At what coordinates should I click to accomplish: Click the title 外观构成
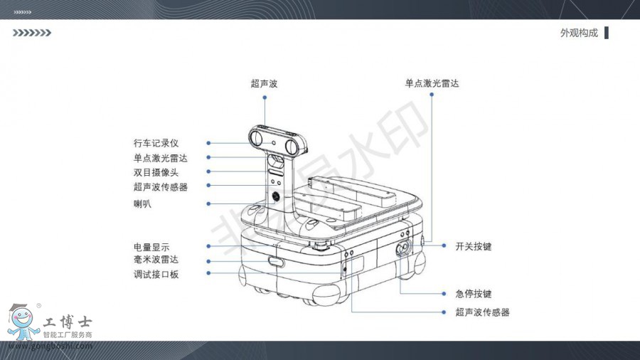(x=579, y=33)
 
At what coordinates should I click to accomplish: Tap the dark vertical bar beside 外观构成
(x=607, y=33)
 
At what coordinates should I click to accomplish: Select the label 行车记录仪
(x=156, y=143)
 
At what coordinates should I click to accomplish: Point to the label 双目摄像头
(x=156, y=172)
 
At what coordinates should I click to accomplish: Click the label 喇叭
(x=142, y=203)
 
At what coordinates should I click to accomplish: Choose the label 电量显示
(x=151, y=247)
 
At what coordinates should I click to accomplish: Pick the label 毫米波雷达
(x=156, y=260)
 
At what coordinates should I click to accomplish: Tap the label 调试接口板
(x=156, y=275)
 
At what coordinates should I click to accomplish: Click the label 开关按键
(x=474, y=247)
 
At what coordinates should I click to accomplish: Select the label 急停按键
(x=474, y=294)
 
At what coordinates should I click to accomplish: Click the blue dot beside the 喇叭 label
(x=208, y=203)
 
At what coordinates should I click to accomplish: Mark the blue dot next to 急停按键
(x=444, y=293)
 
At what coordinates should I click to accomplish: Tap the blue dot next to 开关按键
(x=444, y=245)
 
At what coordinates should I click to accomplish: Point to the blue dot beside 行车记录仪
(x=208, y=143)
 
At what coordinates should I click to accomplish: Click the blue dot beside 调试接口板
(x=208, y=273)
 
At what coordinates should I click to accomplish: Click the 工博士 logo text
(x=68, y=322)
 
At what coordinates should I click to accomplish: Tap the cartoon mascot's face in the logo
(x=21, y=318)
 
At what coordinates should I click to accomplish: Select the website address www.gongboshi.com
(x=50, y=346)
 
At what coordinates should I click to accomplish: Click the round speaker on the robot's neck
(x=276, y=197)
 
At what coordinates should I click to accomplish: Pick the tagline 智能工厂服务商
(x=68, y=334)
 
